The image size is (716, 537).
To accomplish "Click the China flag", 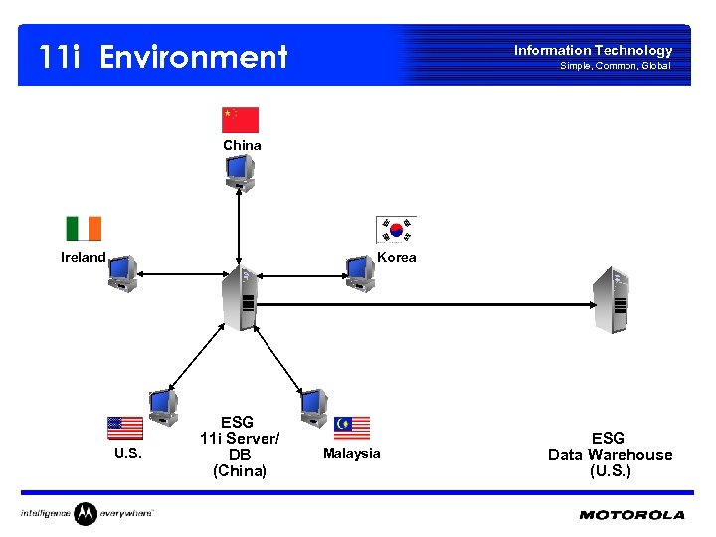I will pos(240,120).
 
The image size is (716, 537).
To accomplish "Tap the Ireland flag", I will pos(84,229).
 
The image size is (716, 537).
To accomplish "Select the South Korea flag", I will pos(396,230).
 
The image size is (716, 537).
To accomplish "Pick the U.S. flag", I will pos(125,428).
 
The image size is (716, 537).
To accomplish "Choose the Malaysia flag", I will pos(352,428).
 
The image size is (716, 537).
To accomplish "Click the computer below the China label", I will pos(240,173).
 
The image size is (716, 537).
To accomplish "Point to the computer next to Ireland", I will pos(123,272).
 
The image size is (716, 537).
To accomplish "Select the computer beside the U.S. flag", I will pos(163,405).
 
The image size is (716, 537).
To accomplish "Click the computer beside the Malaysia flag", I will pos(314,405).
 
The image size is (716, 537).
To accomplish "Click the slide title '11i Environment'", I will pos(163,57).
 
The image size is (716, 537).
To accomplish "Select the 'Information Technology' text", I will pos(593,50).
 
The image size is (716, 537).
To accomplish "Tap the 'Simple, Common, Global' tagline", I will pos(615,66).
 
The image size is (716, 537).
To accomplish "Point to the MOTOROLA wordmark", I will pos(631,515).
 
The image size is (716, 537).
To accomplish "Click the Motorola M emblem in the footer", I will pos(86,514).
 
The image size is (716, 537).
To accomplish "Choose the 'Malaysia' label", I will pos(352,453).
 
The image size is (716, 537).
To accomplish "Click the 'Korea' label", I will pos(397,257).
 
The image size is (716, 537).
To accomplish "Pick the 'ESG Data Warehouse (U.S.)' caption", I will pos(610,454).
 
